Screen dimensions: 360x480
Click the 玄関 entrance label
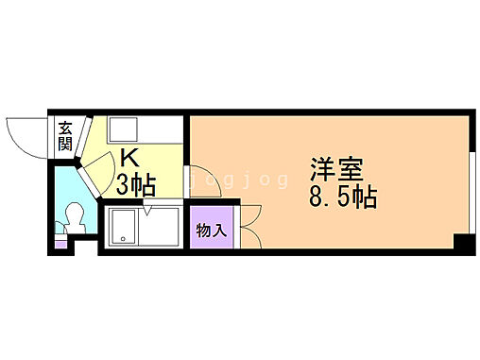[x=65, y=137]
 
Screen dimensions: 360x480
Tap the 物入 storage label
[x=211, y=230]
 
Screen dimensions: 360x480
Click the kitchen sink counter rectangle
[x=131, y=129]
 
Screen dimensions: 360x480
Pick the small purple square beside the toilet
[x=61, y=242]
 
